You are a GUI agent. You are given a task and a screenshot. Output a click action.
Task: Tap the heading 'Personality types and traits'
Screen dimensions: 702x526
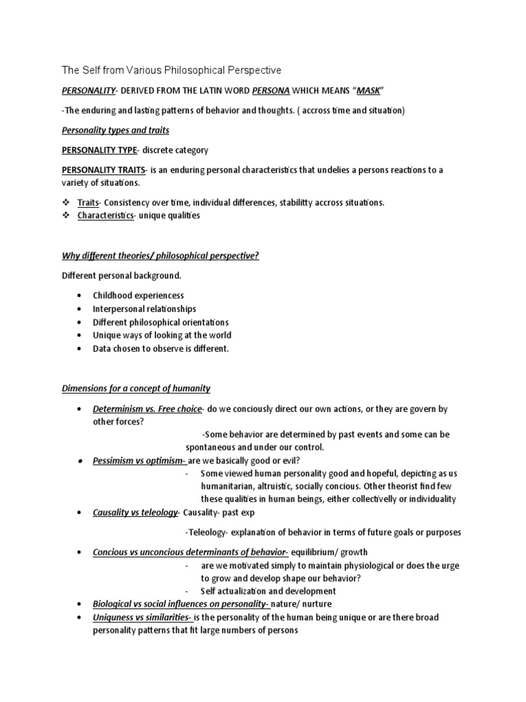[116, 130]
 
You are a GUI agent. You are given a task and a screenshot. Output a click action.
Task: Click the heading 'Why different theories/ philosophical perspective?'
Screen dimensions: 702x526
[161, 256]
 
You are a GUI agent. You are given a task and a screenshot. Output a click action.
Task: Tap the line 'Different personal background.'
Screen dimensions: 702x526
[122, 276]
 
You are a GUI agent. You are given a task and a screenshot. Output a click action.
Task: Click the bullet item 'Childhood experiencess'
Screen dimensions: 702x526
[138, 295]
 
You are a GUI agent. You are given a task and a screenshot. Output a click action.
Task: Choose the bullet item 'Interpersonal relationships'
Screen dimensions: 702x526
[144, 308]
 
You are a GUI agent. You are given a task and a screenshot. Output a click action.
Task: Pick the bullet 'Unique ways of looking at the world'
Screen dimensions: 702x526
[162, 335]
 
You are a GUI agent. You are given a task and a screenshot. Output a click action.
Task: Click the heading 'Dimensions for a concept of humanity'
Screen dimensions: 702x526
[136, 388]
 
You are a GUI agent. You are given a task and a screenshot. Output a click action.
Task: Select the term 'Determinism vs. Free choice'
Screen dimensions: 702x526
[147, 409]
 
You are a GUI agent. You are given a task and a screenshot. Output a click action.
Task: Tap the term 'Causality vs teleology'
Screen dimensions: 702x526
[135, 513]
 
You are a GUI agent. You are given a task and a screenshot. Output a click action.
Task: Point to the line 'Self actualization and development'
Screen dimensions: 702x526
[268, 591]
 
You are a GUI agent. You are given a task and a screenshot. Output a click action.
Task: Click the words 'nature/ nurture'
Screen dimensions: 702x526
[301, 604]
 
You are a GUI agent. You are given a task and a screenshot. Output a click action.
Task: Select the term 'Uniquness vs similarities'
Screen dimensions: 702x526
[142, 617]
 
